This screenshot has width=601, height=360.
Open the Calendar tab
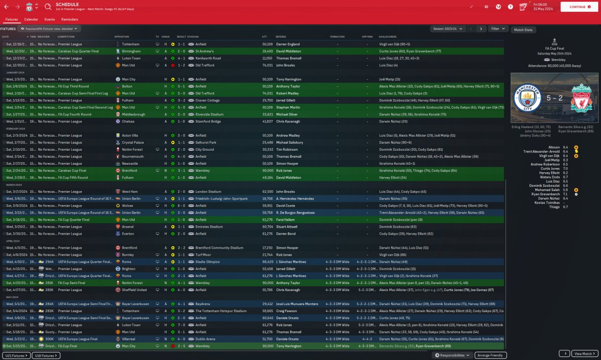click(x=31, y=19)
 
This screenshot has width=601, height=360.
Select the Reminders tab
click(x=69, y=19)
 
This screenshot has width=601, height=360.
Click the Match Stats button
click(x=523, y=30)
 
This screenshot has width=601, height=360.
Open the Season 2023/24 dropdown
click(x=447, y=29)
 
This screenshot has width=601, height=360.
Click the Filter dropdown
click(x=498, y=29)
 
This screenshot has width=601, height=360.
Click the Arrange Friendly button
click(x=490, y=355)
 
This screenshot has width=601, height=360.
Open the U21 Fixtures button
click(x=15, y=355)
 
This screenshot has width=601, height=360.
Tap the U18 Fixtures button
click(x=46, y=355)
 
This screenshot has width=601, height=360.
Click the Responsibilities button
click(x=453, y=355)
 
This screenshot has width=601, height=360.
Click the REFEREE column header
click(x=281, y=37)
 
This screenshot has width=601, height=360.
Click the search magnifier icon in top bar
click(x=48, y=7)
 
